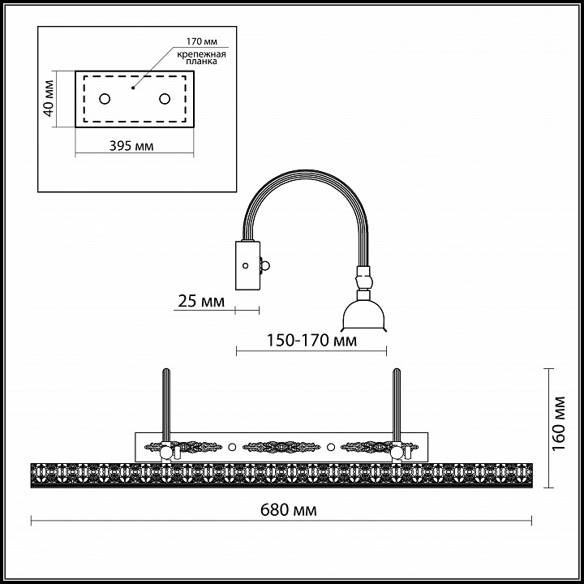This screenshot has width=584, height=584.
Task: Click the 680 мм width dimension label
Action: pos(288,509)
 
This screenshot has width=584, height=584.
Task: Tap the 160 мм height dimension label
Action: pos(559,423)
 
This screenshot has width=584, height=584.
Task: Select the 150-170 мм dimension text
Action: pos(311,340)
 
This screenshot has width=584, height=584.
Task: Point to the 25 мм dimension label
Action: pos(201,301)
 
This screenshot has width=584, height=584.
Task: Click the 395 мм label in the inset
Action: pos(131,146)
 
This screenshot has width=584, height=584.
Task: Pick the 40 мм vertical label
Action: pos(49,98)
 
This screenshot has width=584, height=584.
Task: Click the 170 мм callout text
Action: pos(201,41)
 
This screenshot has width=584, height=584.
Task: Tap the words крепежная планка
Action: pos(201,58)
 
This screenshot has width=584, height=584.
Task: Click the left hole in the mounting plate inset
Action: pos(105,99)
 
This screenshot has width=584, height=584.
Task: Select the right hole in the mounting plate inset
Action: pos(165,99)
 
